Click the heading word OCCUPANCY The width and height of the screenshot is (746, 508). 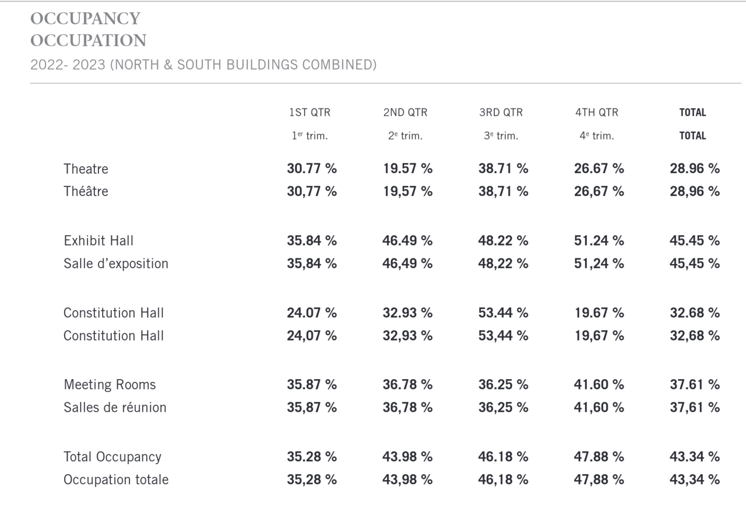click(x=85, y=18)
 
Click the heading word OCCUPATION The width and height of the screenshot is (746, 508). click(x=88, y=40)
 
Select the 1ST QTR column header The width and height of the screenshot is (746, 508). click(x=309, y=113)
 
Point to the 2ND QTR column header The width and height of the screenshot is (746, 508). click(x=405, y=113)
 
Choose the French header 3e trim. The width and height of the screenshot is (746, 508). click(x=501, y=136)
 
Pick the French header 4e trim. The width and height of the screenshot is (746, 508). click(x=596, y=136)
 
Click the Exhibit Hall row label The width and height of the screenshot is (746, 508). click(x=98, y=241)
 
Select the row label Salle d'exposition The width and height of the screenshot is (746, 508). click(x=116, y=264)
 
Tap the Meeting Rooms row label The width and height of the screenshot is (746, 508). click(x=110, y=385)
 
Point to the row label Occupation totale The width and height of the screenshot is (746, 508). click(x=116, y=479)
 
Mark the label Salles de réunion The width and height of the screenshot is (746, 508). click(x=115, y=407)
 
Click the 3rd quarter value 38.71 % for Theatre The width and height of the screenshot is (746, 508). click(x=503, y=169)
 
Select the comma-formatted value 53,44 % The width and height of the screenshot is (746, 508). click(x=503, y=336)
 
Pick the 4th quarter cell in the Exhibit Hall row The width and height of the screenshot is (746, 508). click(x=599, y=241)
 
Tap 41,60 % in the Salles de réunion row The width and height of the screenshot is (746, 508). click(x=599, y=407)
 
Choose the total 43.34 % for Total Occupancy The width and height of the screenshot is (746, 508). click(x=695, y=457)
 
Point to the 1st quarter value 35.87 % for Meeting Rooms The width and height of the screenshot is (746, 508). click(x=312, y=385)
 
